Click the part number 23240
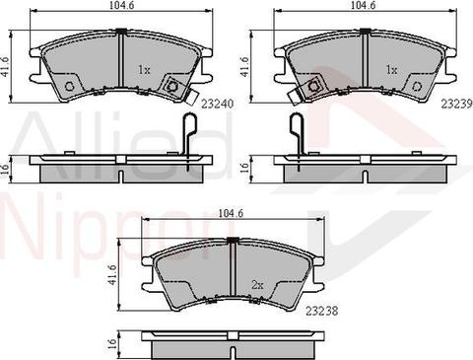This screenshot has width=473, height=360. (x=217, y=104)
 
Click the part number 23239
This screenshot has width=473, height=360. (x=457, y=104)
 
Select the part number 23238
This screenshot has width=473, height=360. (x=322, y=311)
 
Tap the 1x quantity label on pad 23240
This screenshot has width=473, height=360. (x=144, y=70)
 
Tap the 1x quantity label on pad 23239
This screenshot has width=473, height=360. (x=391, y=70)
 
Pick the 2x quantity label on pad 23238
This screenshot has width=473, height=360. (x=258, y=285)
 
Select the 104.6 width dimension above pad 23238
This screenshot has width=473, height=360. (x=231, y=213)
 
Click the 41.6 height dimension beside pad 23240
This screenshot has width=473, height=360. (x=6, y=66)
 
